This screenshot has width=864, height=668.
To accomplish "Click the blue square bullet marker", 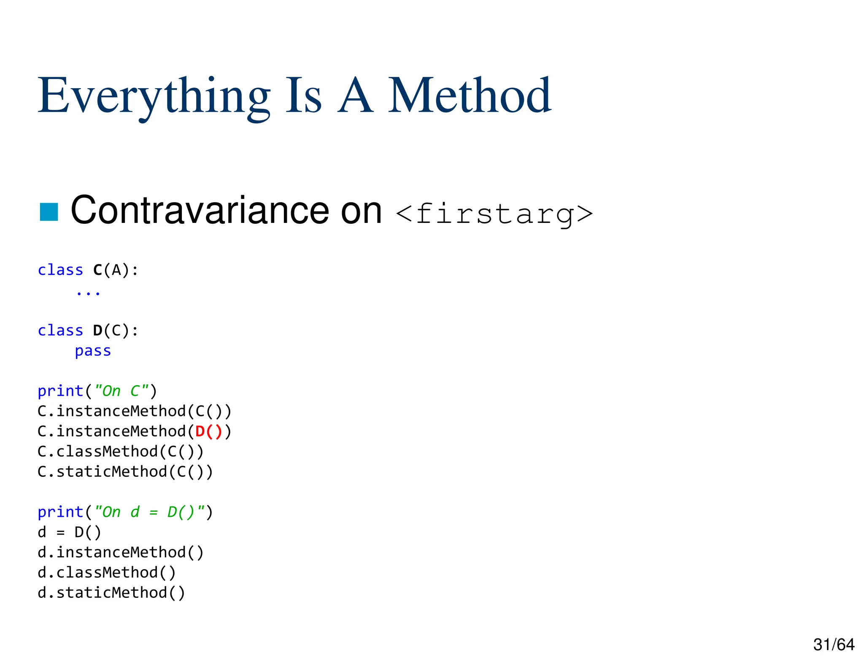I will tap(49, 212).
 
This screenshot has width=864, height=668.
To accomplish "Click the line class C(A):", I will tap(88, 270).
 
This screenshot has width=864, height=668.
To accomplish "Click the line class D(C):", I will tap(88, 331).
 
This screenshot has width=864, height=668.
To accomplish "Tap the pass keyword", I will tap(93, 351).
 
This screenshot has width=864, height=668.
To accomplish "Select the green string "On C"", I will tap(121, 391).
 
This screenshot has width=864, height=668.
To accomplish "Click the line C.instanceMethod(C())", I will tap(134, 411).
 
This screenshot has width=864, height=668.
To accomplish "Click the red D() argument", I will tap(208, 432).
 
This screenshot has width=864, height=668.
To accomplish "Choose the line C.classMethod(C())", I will tap(120, 452).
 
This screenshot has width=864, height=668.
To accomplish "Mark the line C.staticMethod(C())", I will tap(125, 472).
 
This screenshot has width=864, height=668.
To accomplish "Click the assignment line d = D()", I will tap(69, 532).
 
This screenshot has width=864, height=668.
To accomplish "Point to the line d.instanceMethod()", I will tap(120, 553).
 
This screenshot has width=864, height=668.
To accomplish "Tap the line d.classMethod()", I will tap(106, 573).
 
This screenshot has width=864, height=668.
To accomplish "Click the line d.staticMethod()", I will tap(111, 593).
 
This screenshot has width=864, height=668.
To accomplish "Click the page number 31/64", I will tap(834, 645).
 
